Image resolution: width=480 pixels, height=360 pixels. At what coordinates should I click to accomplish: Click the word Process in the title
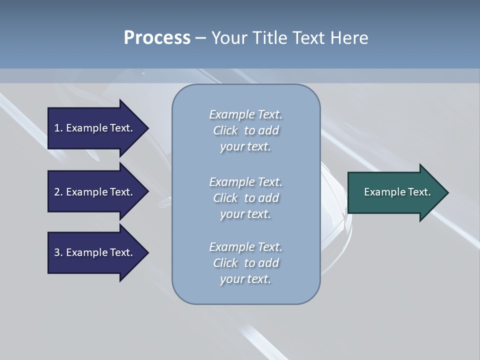[x=157, y=37]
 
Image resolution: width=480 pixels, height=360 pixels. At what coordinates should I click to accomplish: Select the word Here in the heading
[x=349, y=37]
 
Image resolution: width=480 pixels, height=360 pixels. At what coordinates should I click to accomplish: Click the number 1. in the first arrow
[x=58, y=128]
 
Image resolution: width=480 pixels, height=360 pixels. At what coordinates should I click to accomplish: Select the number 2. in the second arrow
[x=58, y=192]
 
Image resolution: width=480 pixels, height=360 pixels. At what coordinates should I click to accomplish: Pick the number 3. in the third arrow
[x=58, y=252]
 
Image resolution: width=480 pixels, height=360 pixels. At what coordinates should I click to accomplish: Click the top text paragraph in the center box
[x=246, y=130]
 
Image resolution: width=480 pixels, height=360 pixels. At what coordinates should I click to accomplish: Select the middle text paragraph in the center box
[x=246, y=198]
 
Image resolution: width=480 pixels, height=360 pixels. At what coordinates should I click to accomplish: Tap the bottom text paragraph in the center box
[x=246, y=263]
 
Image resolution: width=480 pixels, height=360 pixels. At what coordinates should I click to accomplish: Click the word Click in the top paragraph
[x=225, y=130]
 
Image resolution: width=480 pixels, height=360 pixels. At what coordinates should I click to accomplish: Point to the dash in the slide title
[x=200, y=38]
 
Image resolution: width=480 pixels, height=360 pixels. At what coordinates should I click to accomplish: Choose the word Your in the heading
[x=228, y=37]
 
